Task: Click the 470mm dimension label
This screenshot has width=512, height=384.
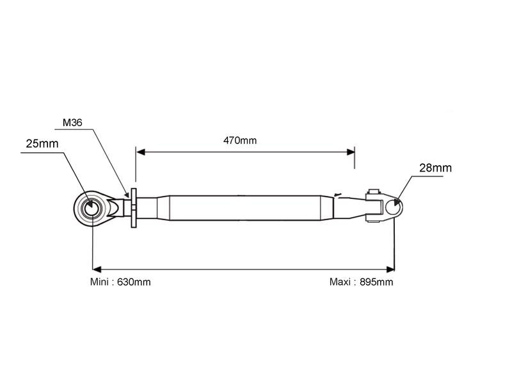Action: pyautogui.click(x=240, y=140)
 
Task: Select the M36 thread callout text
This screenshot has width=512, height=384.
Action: pyautogui.click(x=72, y=122)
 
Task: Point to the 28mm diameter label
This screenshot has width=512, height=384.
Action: pyautogui.click(x=435, y=168)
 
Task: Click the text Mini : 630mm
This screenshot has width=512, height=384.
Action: pyautogui.click(x=120, y=282)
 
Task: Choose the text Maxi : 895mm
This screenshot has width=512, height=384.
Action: pyautogui.click(x=361, y=282)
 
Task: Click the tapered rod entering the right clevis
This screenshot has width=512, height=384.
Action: pyautogui.click(x=349, y=207)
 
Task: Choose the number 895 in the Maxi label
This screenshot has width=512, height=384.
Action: pyautogui.click(x=370, y=282)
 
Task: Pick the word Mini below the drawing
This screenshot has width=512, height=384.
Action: pyautogui.click(x=100, y=282)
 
